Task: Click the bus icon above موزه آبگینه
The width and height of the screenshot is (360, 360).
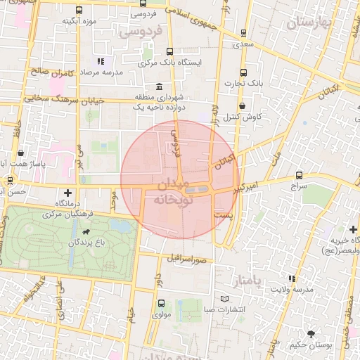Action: pyautogui.click(x=79, y=11)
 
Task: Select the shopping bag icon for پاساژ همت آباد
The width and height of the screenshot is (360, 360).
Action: pyautogui.click(x=21, y=153)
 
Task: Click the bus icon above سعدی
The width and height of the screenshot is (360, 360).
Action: pyautogui.click(x=243, y=32)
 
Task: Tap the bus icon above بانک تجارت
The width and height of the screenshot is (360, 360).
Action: pyautogui.click(x=243, y=72)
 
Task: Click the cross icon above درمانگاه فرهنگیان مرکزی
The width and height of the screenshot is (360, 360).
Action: pyautogui.click(x=67, y=192)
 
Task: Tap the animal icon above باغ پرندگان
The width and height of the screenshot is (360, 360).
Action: pyautogui.click(x=86, y=231)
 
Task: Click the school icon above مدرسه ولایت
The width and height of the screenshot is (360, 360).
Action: pyautogui.click(x=292, y=279)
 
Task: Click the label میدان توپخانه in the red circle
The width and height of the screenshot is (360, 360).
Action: pyautogui.click(x=168, y=191)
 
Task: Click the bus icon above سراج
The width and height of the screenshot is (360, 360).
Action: pyautogui.click(x=300, y=175)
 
